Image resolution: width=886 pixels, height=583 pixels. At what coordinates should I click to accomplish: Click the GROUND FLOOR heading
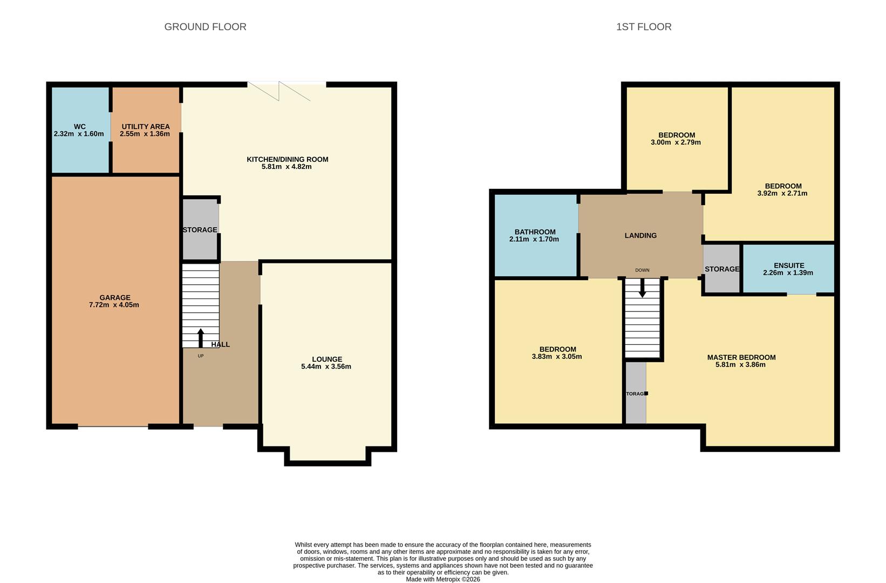[x=205, y=27]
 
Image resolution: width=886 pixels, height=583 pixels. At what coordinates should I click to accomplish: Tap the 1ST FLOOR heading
[x=644, y=27]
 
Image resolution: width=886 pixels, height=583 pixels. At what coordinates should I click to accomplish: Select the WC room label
[x=79, y=126]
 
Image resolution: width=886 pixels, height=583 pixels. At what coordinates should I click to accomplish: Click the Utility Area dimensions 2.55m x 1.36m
[x=145, y=134]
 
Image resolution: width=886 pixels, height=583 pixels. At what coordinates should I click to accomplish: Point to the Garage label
[x=114, y=297]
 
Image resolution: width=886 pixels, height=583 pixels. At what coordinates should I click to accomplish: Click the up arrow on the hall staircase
[x=201, y=337]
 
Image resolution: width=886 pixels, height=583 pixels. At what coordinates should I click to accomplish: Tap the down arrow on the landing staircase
[x=642, y=289]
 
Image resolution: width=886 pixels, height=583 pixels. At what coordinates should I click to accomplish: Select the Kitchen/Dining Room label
[x=287, y=159]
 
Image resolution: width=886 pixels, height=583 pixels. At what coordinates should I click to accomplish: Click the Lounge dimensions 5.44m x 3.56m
[x=326, y=367]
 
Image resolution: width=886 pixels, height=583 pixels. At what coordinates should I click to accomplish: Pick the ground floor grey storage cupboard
[x=200, y=230]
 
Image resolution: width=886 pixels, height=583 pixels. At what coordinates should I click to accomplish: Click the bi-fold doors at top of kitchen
[x=287, y=91]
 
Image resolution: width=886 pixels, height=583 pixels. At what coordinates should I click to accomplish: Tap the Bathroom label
[x=535, y=232]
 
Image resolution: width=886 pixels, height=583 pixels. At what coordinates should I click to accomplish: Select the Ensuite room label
[x=788, y=266]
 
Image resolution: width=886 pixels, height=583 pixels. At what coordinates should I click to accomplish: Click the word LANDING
[x=640, y=235]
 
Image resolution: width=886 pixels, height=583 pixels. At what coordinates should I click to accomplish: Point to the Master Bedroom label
[x=741, y=357]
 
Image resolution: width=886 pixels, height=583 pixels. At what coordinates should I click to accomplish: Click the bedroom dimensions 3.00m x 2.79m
[x=676, y=143]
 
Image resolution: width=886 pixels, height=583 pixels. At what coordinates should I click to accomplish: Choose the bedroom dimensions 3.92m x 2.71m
[x=782, y=193]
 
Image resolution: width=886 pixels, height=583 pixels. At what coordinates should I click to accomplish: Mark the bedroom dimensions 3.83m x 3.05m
[x=557, y=356]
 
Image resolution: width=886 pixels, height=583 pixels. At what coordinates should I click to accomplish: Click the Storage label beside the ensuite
[x=721, y=269]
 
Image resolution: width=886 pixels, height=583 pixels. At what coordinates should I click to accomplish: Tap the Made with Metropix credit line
[x=442, y=579]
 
